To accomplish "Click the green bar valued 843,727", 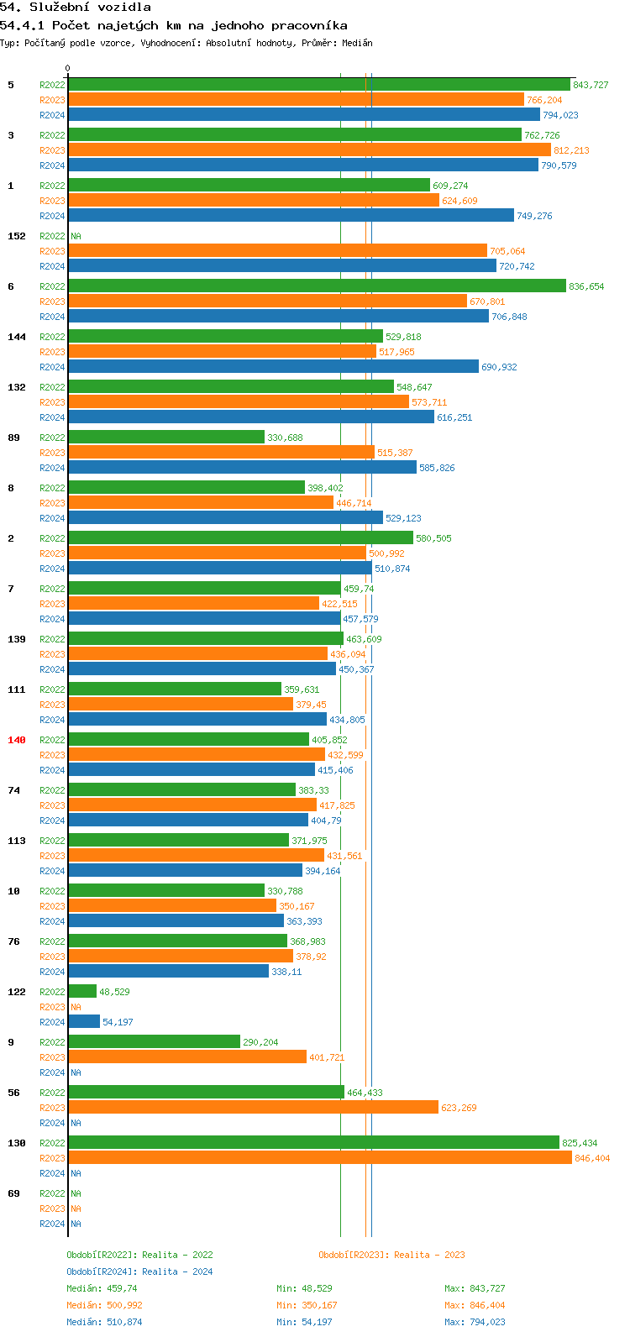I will [319, 85].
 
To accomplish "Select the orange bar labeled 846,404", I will [319, 1158].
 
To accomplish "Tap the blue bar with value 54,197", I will [84, 1022].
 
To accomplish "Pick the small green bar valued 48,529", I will [82, 992].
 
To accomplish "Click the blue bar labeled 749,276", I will [291, 216].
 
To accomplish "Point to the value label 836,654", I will [586, 286].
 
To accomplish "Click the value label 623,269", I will [459, 1108].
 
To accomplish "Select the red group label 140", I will [17, 740].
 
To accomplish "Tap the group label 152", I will [17, 236].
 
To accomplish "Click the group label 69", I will [13, 1193].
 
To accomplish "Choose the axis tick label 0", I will [68, 69].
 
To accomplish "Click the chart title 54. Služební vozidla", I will [76, 8].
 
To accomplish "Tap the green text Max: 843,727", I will [475, 1288].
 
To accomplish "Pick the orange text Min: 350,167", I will [307, 1305].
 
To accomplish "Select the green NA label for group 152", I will [76, 236].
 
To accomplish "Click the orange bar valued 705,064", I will [277, 251].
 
